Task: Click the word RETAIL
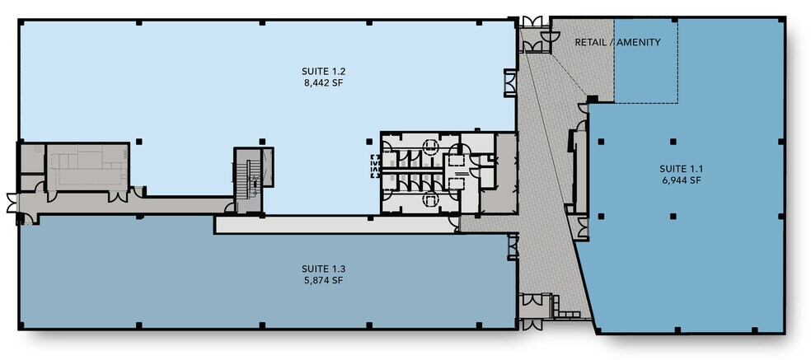[592, 42]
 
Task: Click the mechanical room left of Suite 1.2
[86, 166]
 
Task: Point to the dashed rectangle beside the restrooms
[374, 166]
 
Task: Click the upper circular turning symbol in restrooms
[430, 147]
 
